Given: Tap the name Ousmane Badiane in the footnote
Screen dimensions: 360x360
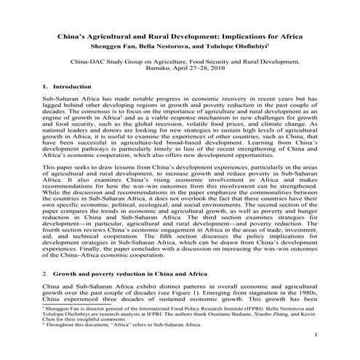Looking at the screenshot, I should coord(222,308).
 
